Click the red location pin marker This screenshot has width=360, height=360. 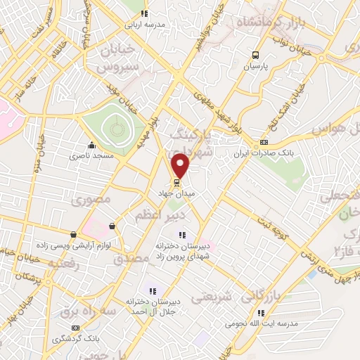(181, 165)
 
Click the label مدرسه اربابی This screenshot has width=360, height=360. (145, 23)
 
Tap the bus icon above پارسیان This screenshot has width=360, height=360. (256, 55)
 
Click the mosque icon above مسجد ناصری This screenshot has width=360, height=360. (91, 146)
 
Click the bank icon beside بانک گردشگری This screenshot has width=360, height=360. (76, 328)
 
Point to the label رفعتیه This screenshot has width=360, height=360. (63, 263)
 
